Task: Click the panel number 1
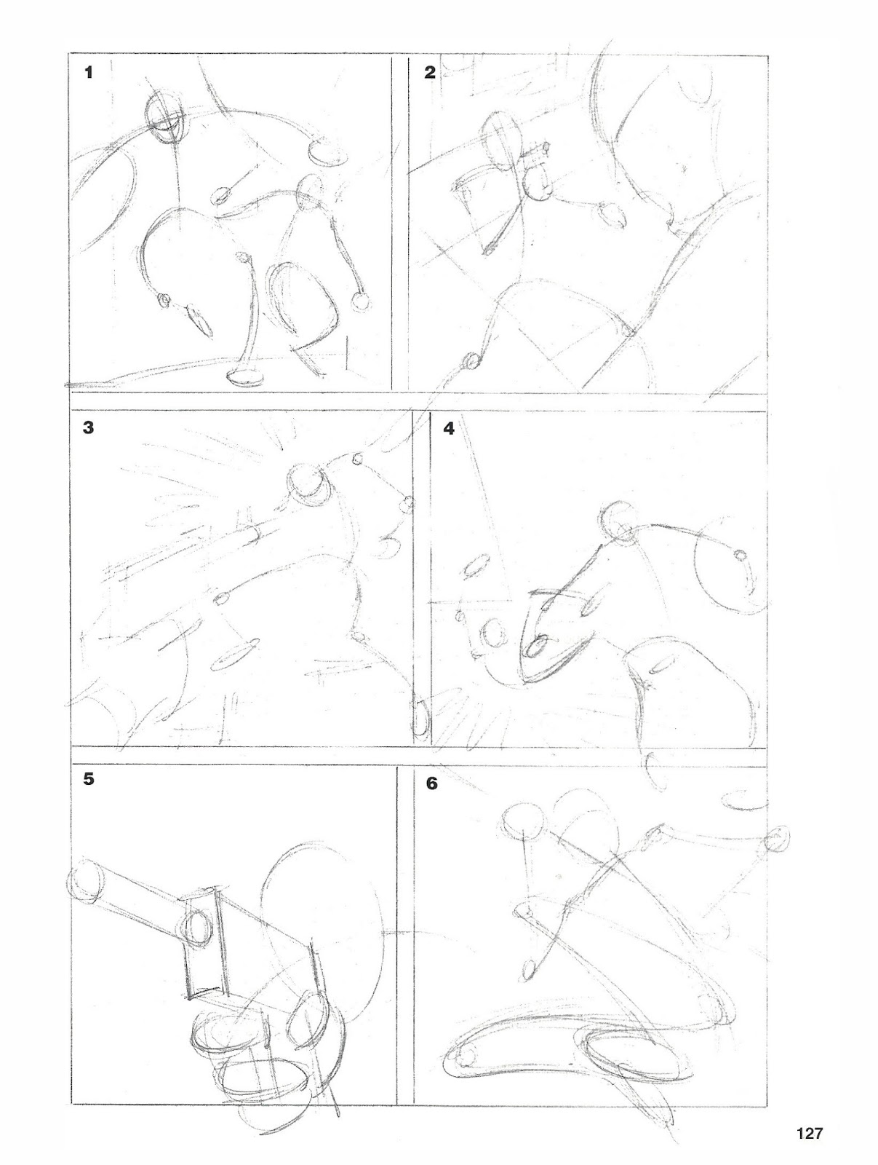click(89, 72)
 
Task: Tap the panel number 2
click(430, 72)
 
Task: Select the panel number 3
click(89, 427)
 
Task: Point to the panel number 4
click(449, 429)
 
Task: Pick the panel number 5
click(89, 779)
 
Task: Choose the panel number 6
click(432, 783)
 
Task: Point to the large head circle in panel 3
click(307, 481)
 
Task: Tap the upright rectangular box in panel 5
click(205, 942)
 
